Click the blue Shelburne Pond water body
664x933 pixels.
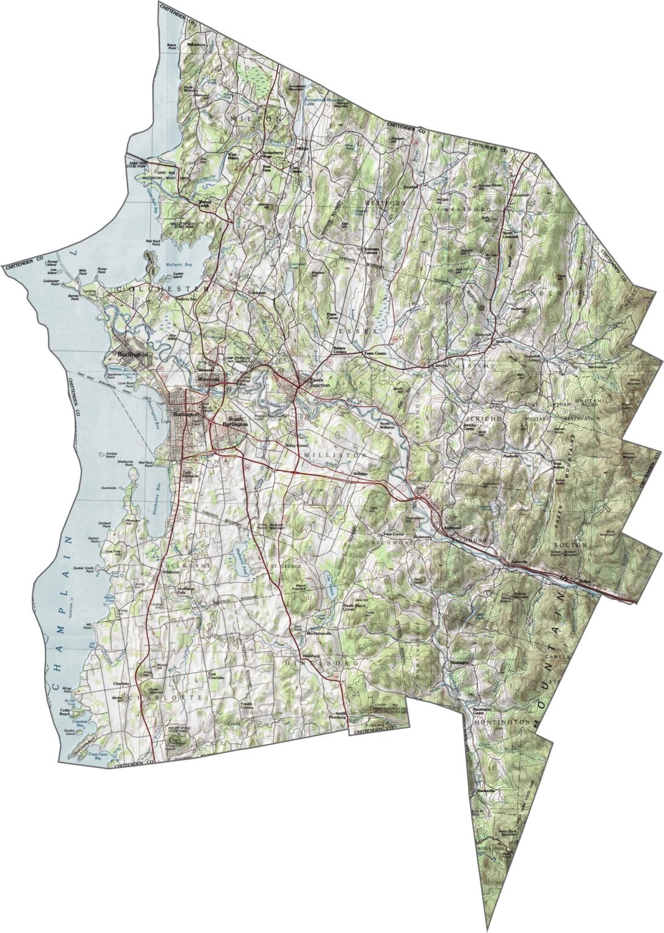point(242,553)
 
